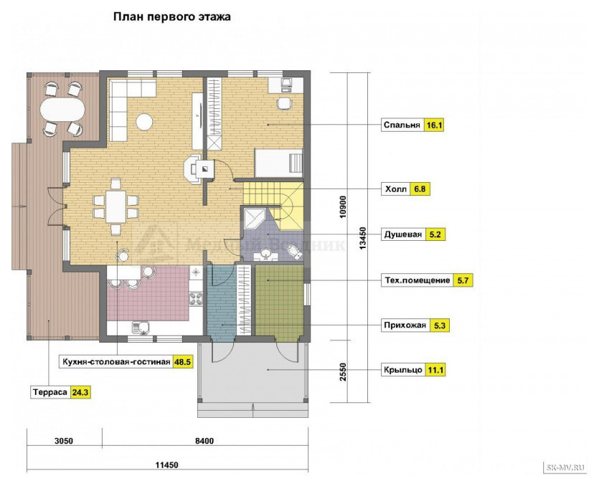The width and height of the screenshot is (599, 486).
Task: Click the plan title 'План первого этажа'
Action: (x=172, y=17)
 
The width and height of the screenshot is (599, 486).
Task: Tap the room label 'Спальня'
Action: (x=402, y=125)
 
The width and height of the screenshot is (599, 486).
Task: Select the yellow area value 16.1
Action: (x=434, y=125)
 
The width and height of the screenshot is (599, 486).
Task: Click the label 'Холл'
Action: (x=396, y=189)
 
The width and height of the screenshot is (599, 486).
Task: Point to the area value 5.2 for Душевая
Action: (x=435, y=234)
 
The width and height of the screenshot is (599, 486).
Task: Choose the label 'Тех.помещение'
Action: (x=418, y=280)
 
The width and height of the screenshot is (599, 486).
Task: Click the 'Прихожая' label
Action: (x=405, y=325)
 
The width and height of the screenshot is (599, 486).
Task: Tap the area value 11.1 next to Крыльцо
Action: (x=435, y=370)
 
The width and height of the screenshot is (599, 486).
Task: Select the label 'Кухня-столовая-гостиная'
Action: (x=116, y=361)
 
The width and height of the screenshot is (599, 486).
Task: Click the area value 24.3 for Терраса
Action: (x=81, y=392)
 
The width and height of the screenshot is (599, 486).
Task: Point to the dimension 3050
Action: (x=63, y=441)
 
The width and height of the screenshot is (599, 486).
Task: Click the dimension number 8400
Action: (x=204, y=441)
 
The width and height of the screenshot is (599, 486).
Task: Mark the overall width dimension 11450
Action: (x=166, y=465)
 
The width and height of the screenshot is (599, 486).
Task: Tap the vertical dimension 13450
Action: (x=362, y=239)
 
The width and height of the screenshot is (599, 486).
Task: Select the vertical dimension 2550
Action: (x=343, y=372)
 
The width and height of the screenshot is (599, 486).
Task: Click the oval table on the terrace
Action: (x=62, y=109)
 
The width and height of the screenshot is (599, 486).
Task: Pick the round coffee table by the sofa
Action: (x=144, y=122)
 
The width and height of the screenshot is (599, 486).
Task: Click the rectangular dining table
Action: (x=116, y=206)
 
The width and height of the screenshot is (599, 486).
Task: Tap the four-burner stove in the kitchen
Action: (x=196, y=298)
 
